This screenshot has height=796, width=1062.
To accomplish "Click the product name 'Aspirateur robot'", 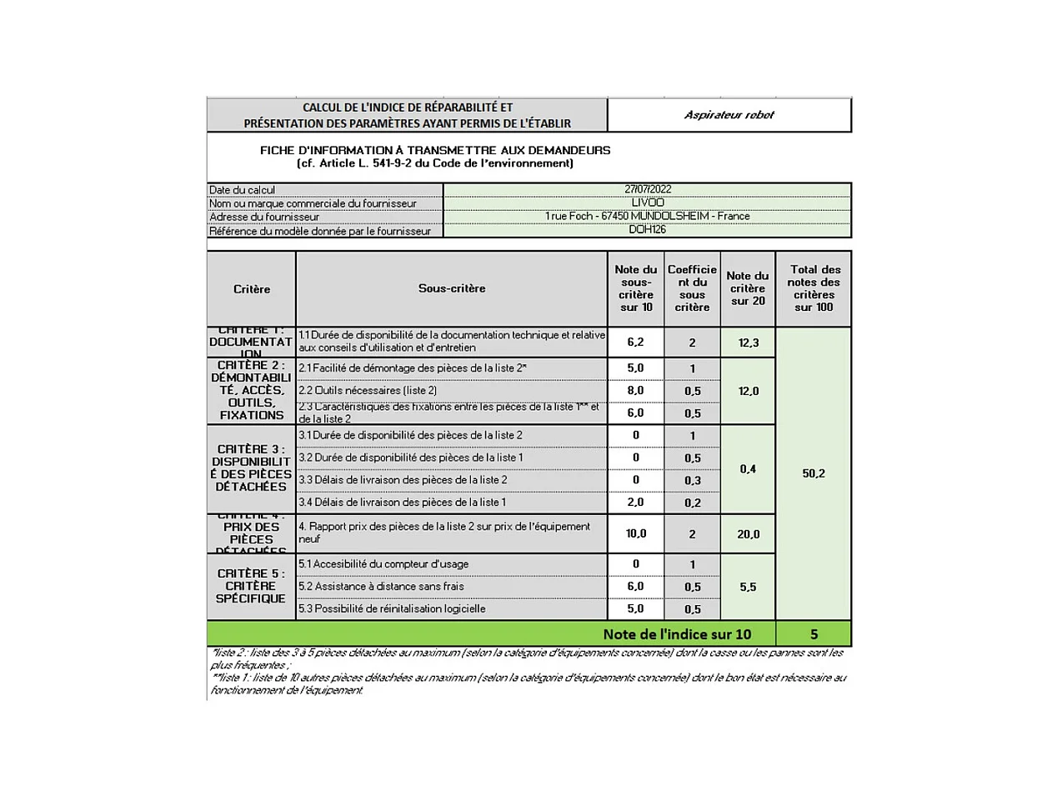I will coord(729,115).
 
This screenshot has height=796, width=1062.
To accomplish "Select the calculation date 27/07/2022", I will coord(648,189).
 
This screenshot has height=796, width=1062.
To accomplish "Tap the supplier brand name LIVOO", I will coord(648,203).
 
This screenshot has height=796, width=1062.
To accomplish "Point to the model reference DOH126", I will coord(648,229).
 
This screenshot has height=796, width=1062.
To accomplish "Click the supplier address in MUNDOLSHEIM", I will coord(648,216).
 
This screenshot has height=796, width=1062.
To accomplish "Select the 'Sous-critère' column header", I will coord(452,288).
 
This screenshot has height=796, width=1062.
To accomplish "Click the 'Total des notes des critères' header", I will coord(814,288).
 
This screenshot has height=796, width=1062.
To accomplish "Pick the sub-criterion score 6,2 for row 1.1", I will coord(635,342).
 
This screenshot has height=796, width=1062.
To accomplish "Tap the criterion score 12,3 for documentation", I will coord(748,343).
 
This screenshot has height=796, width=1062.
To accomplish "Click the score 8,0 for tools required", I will coord(635,390).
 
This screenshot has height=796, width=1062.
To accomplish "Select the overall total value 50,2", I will coord(814,473).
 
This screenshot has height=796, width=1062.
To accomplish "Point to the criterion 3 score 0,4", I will coord(748,469).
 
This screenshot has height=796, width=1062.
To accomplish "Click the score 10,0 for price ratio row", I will coord(635,533).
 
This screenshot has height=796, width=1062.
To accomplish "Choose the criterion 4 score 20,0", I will coord(748,534).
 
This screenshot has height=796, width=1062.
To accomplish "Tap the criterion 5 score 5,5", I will coord(748,587).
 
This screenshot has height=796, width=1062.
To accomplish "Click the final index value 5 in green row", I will coord(814,634).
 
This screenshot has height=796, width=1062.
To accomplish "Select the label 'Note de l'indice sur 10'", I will coord(677,634).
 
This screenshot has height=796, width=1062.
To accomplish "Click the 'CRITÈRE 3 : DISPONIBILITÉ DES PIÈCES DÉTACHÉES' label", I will coord(251,468).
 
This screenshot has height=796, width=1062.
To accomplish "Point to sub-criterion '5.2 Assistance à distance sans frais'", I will coord(381,587).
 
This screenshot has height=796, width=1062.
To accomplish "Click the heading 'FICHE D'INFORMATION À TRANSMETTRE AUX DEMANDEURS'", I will coord(435,150).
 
